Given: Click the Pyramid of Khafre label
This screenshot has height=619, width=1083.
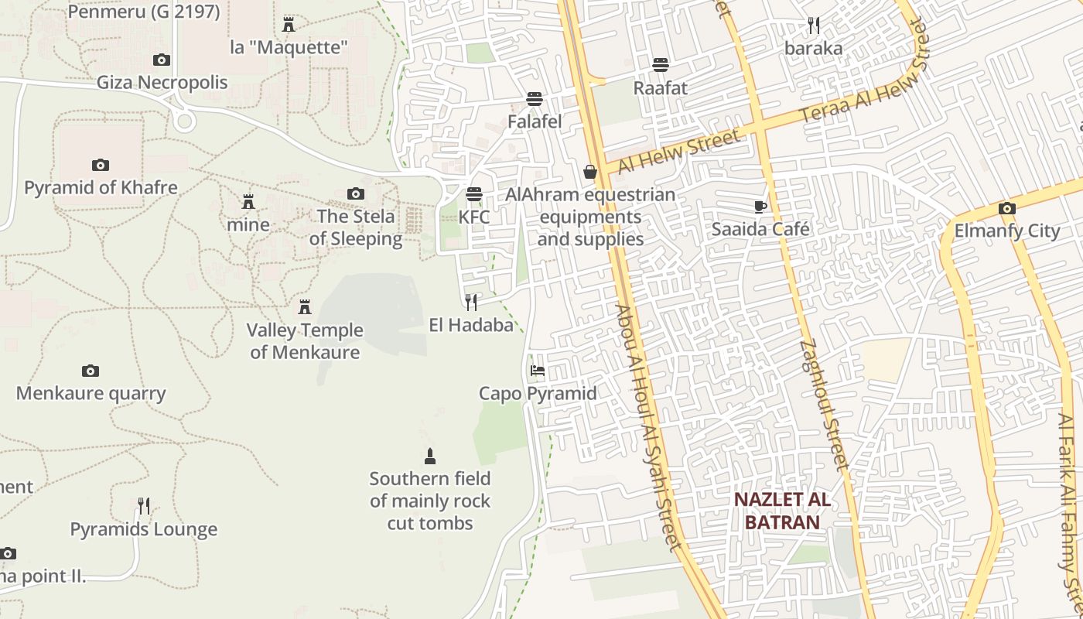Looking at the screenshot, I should (101, 187).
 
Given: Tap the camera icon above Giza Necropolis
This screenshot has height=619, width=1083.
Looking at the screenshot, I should (161, 60).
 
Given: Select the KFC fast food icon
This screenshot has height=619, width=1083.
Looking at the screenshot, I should (474, 194).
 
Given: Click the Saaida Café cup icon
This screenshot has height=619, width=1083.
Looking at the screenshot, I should (760, 207).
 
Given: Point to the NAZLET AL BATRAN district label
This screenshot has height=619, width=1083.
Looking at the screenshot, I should (782, 511).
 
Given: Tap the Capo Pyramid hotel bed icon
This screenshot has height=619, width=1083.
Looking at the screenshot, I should (538, 371).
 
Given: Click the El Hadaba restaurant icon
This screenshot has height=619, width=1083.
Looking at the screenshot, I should (471, 302).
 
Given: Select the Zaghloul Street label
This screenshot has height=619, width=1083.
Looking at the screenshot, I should (825, 404).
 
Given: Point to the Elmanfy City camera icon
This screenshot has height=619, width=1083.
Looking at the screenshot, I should (1006, 208).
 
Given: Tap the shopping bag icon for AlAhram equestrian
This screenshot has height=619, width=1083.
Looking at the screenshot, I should (590, 172).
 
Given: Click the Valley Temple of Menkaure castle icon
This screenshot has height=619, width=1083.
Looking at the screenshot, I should (305, 307).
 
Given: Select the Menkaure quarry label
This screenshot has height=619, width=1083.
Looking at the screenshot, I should (91, 393).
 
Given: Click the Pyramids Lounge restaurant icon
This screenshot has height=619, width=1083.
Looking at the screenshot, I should (144, 506).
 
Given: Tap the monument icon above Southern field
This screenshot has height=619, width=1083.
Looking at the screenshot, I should (430, 456).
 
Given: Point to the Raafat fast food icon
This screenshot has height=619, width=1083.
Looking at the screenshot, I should (660, 64).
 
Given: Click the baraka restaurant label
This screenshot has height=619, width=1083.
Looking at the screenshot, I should (813, 48).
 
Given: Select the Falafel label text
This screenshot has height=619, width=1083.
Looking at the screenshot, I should (535, 121).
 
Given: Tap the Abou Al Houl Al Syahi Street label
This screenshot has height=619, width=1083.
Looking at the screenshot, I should (647, 426).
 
